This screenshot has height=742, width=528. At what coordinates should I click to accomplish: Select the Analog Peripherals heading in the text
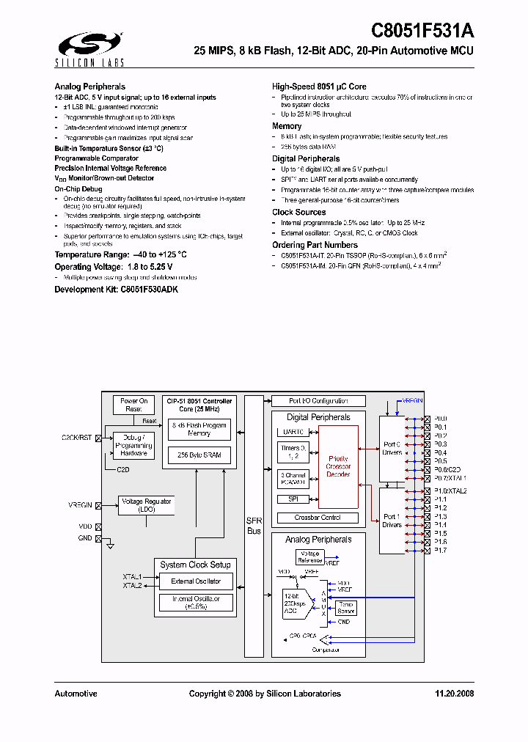point(89,87)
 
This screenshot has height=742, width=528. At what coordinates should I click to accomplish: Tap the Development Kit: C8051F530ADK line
point(116,290)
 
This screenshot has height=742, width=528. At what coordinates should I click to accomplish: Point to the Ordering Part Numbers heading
point(315,245)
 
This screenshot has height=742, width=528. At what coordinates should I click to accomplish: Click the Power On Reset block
point(133,405)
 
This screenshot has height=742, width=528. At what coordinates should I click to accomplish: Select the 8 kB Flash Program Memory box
point(199,429)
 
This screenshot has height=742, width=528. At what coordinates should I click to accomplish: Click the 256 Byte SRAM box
point(199,455)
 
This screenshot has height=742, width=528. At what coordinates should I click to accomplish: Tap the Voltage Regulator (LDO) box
point(147,505)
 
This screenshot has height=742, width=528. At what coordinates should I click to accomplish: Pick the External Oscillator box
point(196,581)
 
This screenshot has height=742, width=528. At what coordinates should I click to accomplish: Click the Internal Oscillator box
point(196,603)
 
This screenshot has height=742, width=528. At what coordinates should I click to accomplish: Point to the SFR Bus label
point(254,525)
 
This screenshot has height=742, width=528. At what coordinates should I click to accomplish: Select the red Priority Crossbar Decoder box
point(338,466)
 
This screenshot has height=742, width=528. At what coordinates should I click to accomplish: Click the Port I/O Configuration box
point(318,401)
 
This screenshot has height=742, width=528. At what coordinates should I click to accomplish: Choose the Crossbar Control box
point(318,517)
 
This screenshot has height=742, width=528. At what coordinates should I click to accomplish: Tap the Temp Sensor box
point(345,608)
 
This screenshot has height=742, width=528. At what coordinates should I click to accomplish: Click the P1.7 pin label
point(440,550)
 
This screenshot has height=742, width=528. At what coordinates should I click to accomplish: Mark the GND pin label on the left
point(85,538)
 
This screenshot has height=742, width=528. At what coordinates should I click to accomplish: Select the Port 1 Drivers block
point(392,521)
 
